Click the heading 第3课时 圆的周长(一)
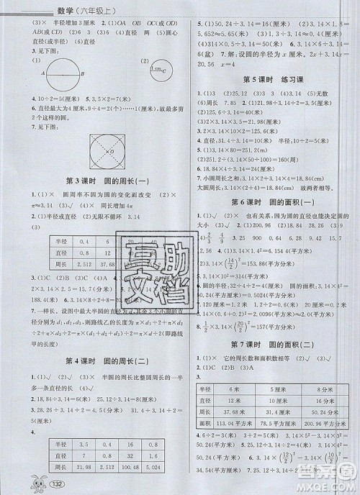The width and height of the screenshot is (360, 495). click(x=96, y=180)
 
